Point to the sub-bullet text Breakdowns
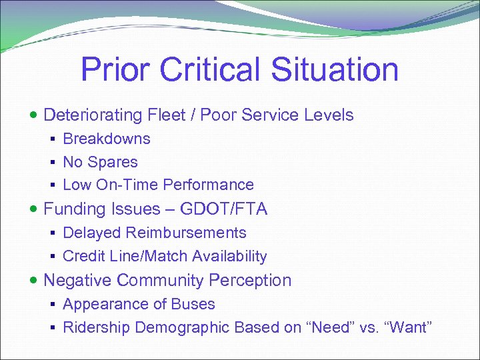[x=107, y=139]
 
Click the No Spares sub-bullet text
[x=100, y=162]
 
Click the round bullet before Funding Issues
[x=35, y=209]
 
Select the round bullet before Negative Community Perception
[x=35, y=281]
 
